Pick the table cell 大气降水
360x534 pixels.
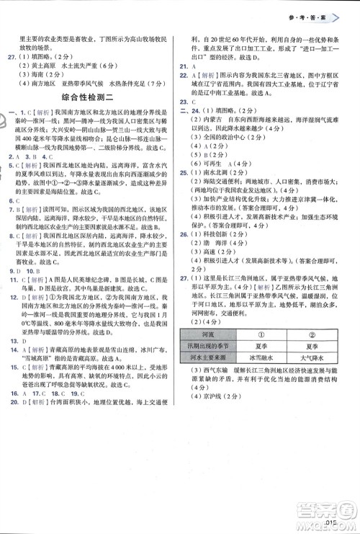coord(312,355)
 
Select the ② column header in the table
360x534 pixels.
coord(312,333)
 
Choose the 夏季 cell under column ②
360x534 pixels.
coord(312,344)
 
